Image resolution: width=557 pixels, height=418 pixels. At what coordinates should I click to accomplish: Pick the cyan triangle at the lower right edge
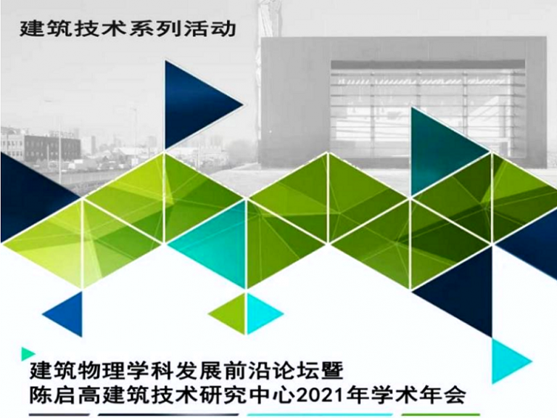pyautogui.click(x=507, y=361)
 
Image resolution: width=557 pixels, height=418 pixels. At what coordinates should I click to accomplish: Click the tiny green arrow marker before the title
pyautogui.click(x=27, y=353)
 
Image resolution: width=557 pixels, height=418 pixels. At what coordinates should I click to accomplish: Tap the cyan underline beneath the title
pyautogui.click(x=320, y=414)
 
